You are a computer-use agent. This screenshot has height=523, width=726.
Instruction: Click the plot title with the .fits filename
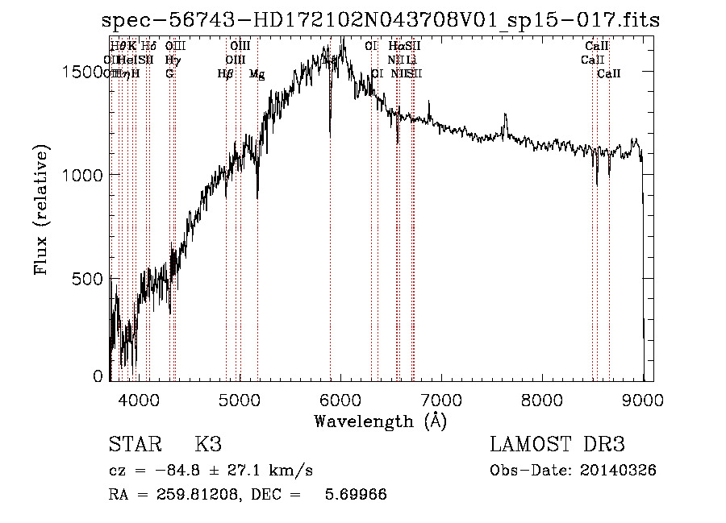382,21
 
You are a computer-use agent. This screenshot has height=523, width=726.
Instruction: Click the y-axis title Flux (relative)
40,210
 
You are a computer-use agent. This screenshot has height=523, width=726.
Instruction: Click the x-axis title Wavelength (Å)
380,421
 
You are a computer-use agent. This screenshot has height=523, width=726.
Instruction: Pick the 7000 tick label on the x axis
441,399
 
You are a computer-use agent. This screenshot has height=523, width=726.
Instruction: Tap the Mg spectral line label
257,74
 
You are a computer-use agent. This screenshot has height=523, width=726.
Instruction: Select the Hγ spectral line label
172,60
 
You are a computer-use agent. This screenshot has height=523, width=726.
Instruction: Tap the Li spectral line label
411,60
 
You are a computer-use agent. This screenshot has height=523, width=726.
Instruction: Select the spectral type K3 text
208,446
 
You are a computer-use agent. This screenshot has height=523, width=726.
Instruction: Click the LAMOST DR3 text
557,446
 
